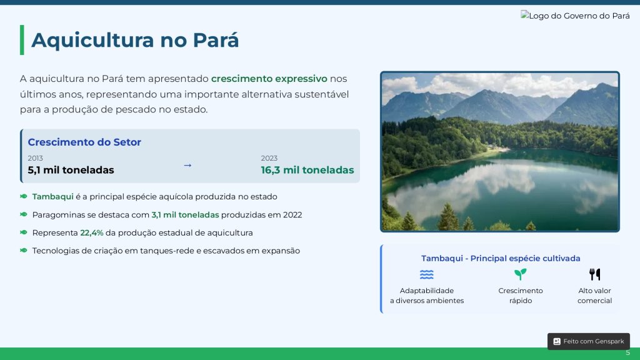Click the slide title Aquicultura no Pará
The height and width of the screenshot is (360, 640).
pos(135,40)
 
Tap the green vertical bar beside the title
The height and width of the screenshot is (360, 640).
pos(22,40)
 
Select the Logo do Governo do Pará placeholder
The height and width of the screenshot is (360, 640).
pos(575,16)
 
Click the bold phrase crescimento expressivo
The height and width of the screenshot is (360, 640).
pos(269,78)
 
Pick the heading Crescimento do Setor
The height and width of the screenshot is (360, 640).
pos(84,142)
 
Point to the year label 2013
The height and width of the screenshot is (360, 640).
pos(35,158)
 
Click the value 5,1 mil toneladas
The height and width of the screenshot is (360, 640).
pos(71,170)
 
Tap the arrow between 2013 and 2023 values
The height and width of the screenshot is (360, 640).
pos(187,165)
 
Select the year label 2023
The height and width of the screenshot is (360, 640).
pos(269,158)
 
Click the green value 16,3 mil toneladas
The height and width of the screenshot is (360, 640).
pos(307,170)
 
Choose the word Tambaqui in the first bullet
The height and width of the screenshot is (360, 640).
pos(52,196)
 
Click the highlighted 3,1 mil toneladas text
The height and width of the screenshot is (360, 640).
pos(185,215)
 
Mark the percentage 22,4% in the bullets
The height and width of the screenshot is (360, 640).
pos(92,232)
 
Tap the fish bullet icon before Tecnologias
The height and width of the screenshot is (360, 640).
pos(24,250)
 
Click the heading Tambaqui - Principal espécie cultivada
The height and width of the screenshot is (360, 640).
pos(501,258)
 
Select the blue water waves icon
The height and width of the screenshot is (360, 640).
pos(426,274)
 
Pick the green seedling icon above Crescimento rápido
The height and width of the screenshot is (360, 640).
pos(521,274)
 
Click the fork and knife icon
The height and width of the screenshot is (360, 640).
pos(595,274)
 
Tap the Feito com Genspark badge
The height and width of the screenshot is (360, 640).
pos(589,341)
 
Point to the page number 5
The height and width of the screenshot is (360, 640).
pos(627,352)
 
